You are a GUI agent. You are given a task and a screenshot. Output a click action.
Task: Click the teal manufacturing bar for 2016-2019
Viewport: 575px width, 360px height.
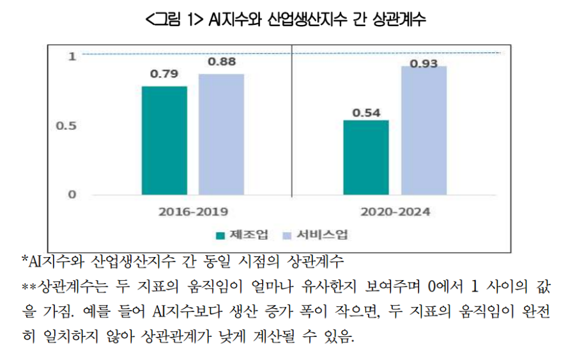164,140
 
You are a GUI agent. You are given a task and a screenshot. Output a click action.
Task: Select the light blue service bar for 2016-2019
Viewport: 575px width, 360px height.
221,134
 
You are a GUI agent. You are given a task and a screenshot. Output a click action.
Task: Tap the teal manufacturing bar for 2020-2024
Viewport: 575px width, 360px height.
365,157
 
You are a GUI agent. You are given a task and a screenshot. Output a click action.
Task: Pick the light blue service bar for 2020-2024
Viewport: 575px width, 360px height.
424,130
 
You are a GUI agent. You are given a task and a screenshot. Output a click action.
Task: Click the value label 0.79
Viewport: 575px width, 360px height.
164,74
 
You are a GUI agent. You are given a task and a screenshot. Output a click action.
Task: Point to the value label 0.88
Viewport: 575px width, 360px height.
222,62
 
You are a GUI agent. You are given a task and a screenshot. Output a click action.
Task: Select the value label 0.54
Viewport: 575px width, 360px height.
366,113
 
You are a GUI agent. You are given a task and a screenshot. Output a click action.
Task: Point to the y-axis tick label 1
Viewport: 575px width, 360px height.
72,56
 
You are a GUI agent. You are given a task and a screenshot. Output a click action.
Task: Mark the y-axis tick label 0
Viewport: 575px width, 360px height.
72,194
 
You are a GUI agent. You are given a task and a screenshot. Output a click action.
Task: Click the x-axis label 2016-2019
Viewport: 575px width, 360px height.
193,212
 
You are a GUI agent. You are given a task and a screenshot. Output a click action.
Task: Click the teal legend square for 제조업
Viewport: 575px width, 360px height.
220,235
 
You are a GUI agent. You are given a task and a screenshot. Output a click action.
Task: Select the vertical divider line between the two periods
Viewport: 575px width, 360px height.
292,121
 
